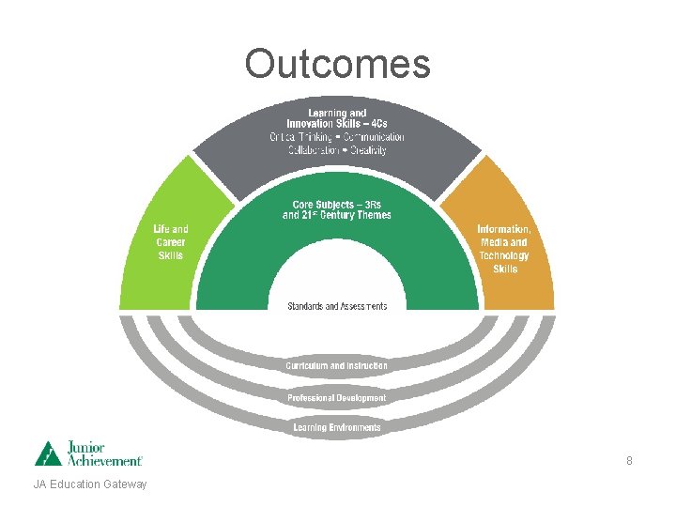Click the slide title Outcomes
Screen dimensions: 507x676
coord(337,64)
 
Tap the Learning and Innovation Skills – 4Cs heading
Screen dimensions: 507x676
coord(337,118)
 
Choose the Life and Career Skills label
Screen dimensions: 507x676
coord(171,242)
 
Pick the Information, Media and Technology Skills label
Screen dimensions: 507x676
coord(504,249)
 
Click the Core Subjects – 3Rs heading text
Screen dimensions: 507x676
coord(337,204)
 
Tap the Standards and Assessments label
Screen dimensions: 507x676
coord(337,306)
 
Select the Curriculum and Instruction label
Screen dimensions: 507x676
coord(337,365)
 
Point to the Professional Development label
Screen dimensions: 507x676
coord(337,398)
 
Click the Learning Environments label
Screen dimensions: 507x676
coord(337,428)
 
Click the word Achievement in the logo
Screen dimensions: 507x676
coord(104,460)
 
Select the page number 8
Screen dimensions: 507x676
coord(629,461)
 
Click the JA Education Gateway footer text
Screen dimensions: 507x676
coord(90,484)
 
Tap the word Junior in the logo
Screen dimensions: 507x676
coord(85,447)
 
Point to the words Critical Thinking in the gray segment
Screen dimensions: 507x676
coord(298,137)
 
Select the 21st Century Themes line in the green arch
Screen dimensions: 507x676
coord(337,215)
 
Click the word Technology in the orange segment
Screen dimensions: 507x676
coord(504,255)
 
